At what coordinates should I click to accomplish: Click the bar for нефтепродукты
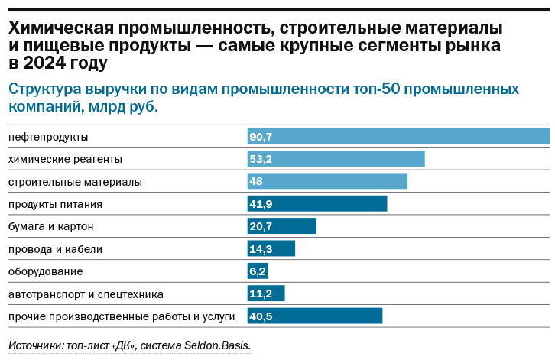point(398,136)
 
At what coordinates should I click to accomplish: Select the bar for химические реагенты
point(336,159)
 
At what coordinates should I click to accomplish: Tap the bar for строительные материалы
point(327,181)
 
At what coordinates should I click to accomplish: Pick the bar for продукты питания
point(317,204)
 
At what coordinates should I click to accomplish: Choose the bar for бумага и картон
point(281,226)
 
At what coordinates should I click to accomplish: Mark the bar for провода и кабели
point(271,248)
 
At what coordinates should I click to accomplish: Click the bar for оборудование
point(258,271)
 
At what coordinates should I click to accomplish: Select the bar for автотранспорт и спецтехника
point(265,294)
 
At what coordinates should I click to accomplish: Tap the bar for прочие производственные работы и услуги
point(314,316)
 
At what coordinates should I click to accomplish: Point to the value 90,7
point(261,137)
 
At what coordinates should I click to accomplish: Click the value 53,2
point(261,159)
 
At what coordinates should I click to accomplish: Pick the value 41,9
point(261,204)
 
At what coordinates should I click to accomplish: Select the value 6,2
point(257,271)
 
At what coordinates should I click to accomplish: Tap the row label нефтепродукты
point(48,137)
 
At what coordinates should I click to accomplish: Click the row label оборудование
point(45,271)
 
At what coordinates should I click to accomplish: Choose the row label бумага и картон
point(50,226)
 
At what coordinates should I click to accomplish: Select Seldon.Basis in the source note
point(216,345)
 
